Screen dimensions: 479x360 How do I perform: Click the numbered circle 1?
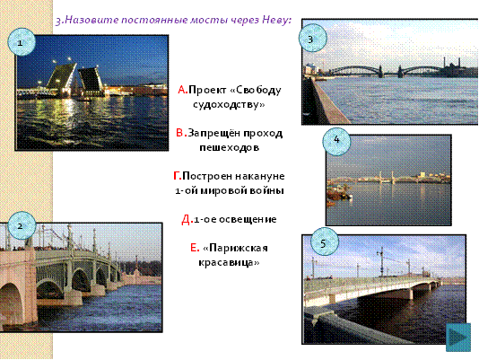(x=21, y=42)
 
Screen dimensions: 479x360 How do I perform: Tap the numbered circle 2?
(x=21, y=225)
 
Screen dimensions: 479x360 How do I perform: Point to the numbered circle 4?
(x=336, y=141)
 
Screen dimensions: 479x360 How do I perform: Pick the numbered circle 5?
(x=324, y=242)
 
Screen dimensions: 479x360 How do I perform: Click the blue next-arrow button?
(x=458, y=337)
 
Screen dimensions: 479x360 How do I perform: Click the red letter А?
(x=183, y=90)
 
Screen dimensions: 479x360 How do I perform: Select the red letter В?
(x=180, y=134)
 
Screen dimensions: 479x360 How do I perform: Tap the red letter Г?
(x=178, y=176)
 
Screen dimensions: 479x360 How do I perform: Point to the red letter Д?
(x=187, y=220)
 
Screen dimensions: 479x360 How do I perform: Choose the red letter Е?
(x=195, y=248)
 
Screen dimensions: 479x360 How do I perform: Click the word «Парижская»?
(x=235, y=248)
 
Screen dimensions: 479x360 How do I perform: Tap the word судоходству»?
(x=229, y=105)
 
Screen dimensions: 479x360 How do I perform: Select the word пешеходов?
(x=230, y=147)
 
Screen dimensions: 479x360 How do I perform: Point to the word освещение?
(x=248, y=220)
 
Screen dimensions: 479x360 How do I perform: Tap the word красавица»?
(x=229, y=262)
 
